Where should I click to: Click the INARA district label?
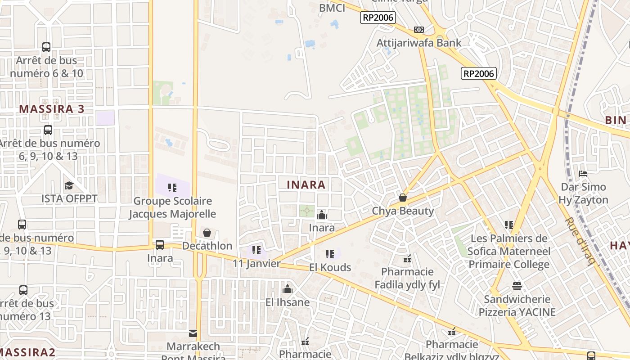[306, 184]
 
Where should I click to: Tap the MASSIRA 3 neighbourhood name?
[52, 109]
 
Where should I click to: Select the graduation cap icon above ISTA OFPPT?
[69, 185]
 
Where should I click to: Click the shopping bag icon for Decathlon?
[207, 233]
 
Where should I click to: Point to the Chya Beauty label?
[403, 211]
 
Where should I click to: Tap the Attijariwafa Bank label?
[419, 43]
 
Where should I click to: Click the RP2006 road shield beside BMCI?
[378, 18]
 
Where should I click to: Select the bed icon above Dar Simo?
[583, 173]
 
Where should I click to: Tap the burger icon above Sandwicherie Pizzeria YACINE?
[517, 286]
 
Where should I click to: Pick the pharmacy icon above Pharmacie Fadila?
[407, 259]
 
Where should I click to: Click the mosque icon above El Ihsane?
[287, 289]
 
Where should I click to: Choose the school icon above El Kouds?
[330, 254]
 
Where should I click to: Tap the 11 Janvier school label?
[256, 263]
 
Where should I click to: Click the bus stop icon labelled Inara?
[160, 245]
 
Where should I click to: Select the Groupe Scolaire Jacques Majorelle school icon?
[172, 188]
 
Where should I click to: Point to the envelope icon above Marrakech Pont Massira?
[193, 333]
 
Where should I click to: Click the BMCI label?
[332, 8]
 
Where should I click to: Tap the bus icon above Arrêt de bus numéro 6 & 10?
[46, 47]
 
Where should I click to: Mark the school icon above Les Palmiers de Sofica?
[509, 225]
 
